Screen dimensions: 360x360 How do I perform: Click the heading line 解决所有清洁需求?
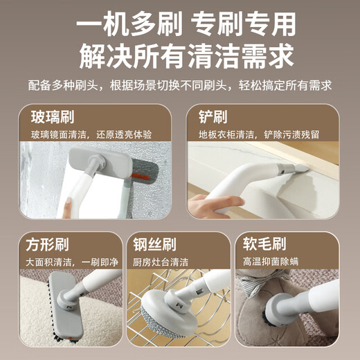tap(180, 56)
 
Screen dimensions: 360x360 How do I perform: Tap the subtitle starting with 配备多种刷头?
tap(180, 86)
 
